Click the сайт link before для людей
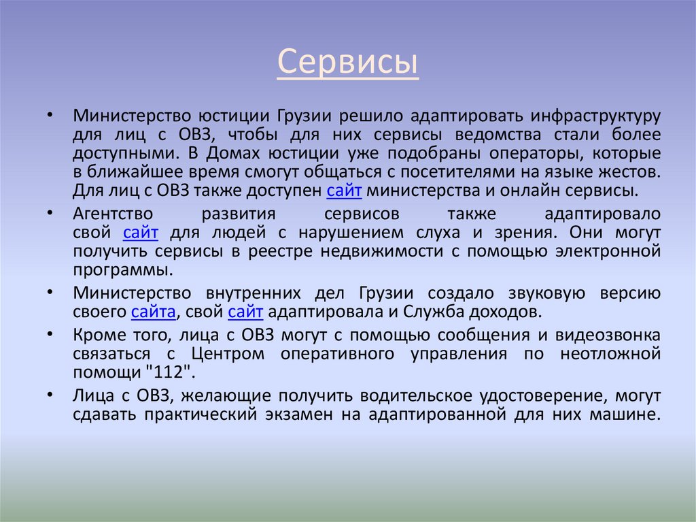pos(141,233)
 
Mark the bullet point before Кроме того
pos(52,336)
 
